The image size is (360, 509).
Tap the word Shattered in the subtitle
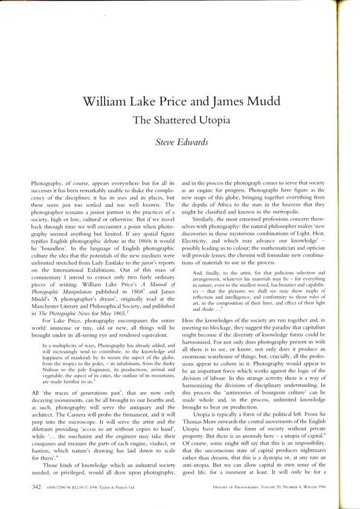click(182, 120)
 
